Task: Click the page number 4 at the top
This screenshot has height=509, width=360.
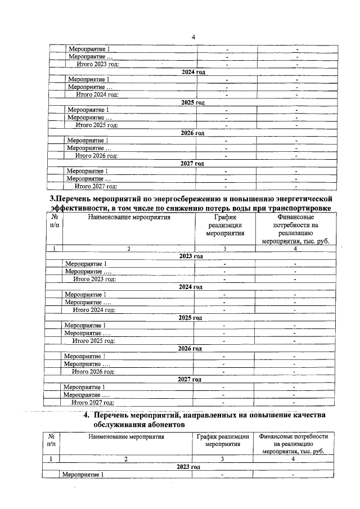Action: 193,37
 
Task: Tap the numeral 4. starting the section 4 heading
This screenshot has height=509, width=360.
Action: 87,416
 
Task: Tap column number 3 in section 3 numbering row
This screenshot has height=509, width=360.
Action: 224,248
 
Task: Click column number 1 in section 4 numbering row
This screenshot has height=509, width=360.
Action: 51,460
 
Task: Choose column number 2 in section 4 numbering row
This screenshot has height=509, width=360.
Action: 126,460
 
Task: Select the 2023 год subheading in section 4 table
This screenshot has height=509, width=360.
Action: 188,467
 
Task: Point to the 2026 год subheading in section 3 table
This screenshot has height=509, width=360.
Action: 190,349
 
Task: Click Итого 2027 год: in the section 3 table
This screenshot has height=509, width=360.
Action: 93,403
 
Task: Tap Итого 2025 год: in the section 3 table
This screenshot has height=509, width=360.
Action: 94,340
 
